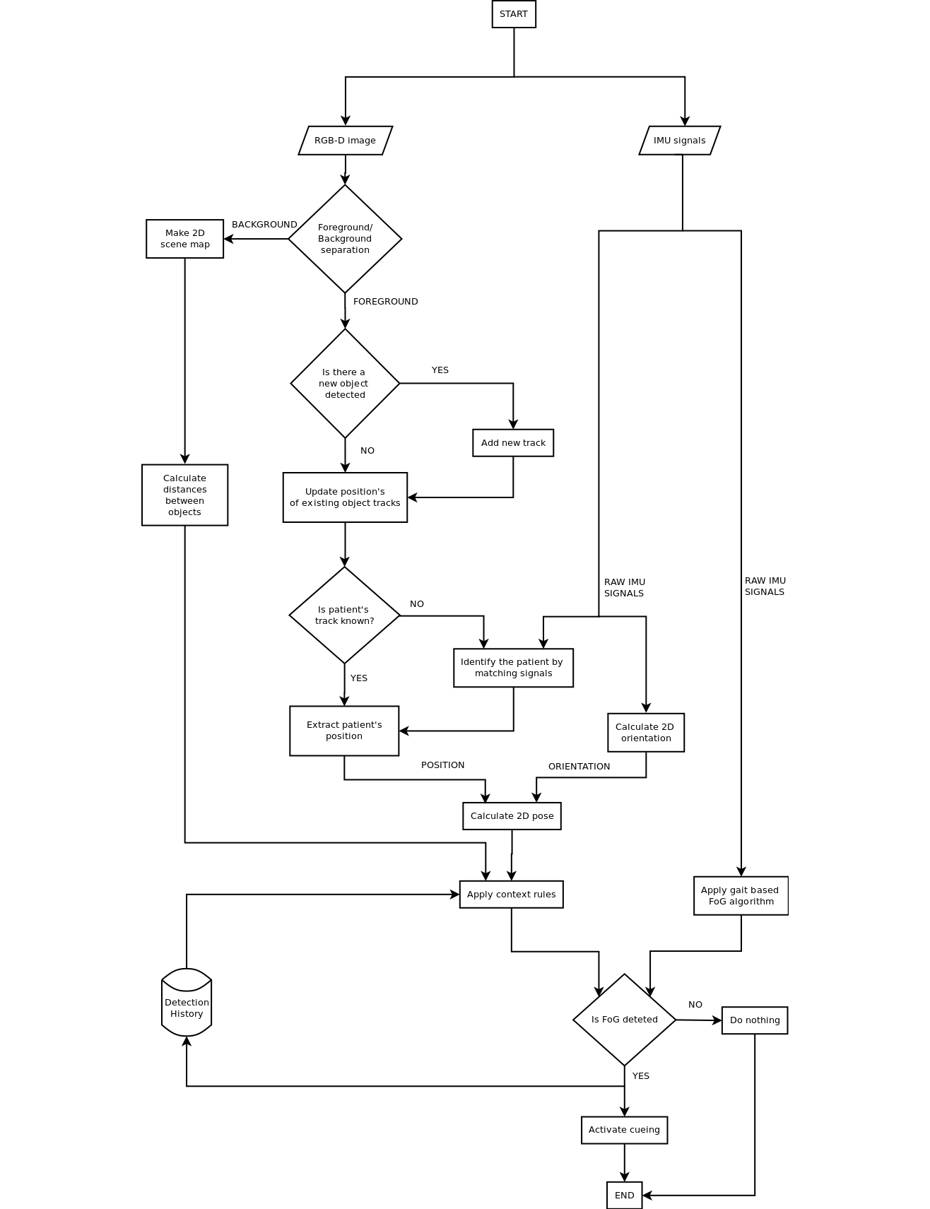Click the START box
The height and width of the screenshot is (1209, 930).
514,14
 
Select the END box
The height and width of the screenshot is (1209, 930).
624,1195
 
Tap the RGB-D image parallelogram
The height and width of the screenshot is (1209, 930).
345,141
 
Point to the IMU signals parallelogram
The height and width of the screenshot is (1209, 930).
679,141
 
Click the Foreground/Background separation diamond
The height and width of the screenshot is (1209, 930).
345,239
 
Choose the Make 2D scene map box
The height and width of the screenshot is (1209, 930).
184,239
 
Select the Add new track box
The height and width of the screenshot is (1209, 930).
513,443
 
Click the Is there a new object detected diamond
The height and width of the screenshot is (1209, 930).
345,384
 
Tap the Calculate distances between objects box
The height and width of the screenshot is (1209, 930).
184,495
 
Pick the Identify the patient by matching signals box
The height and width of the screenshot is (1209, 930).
513,668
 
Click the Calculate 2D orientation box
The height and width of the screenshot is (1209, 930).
645,733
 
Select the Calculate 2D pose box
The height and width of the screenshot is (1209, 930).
512,816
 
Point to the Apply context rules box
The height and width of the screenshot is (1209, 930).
511,895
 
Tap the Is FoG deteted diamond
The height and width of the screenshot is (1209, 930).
624,1020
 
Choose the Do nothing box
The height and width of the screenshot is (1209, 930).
754,1020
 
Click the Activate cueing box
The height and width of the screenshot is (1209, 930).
624,1130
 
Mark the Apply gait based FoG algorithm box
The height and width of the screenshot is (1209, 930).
741,896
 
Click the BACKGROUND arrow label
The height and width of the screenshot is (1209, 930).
264,225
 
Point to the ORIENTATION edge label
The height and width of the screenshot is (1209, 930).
579,767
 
